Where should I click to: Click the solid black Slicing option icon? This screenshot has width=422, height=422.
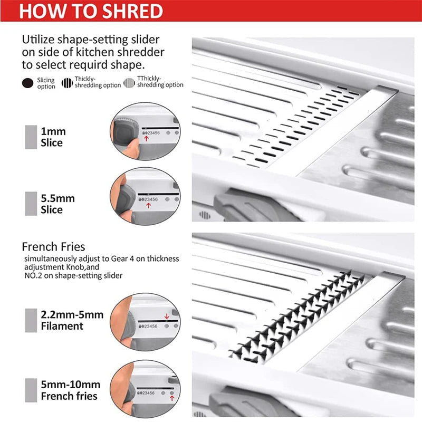27,83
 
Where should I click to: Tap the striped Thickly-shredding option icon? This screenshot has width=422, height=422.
67,83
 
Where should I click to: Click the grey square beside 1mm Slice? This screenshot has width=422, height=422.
31,137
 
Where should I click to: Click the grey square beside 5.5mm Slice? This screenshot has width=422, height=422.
31,204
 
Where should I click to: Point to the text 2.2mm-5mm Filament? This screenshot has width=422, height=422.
72,320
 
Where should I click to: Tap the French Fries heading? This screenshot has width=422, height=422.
53,246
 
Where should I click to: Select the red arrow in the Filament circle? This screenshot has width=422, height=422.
167,316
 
